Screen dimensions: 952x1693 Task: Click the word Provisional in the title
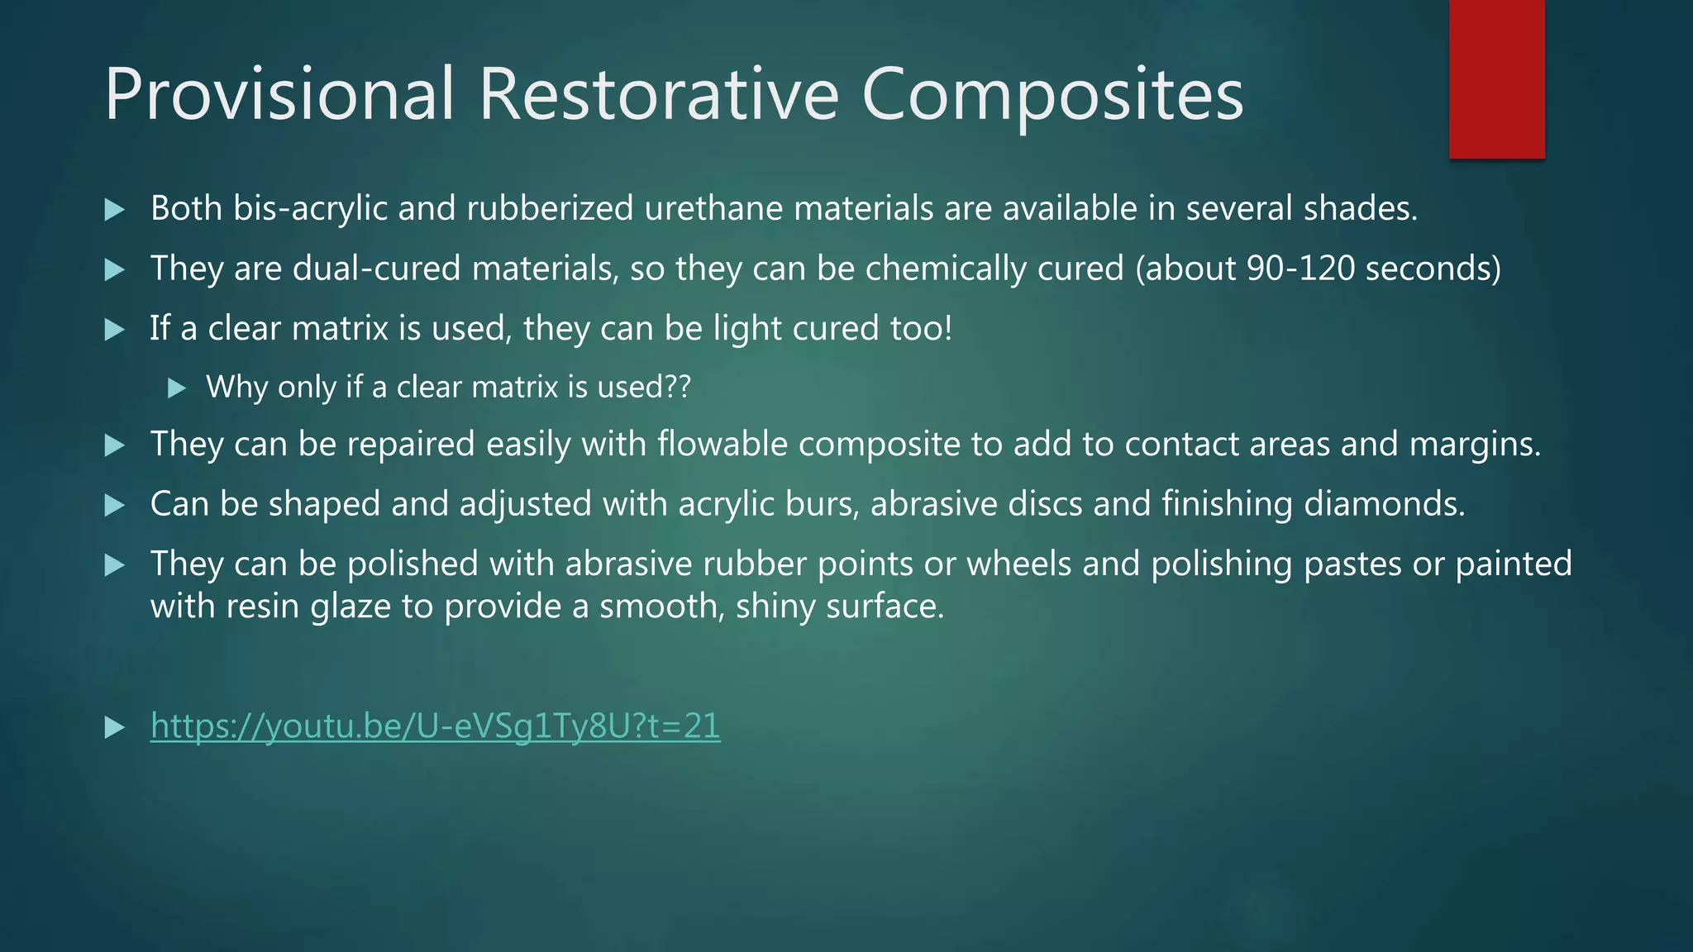(279, 94)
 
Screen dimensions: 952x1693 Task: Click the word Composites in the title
(1052, 94)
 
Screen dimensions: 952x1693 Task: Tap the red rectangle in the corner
(1496, 79)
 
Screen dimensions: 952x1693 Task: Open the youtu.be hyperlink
(435, 726)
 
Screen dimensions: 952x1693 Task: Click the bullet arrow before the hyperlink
(115, 728)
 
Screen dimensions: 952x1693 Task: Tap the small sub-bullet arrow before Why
(176, 388)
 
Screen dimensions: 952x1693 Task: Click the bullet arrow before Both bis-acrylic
(115, 210)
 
